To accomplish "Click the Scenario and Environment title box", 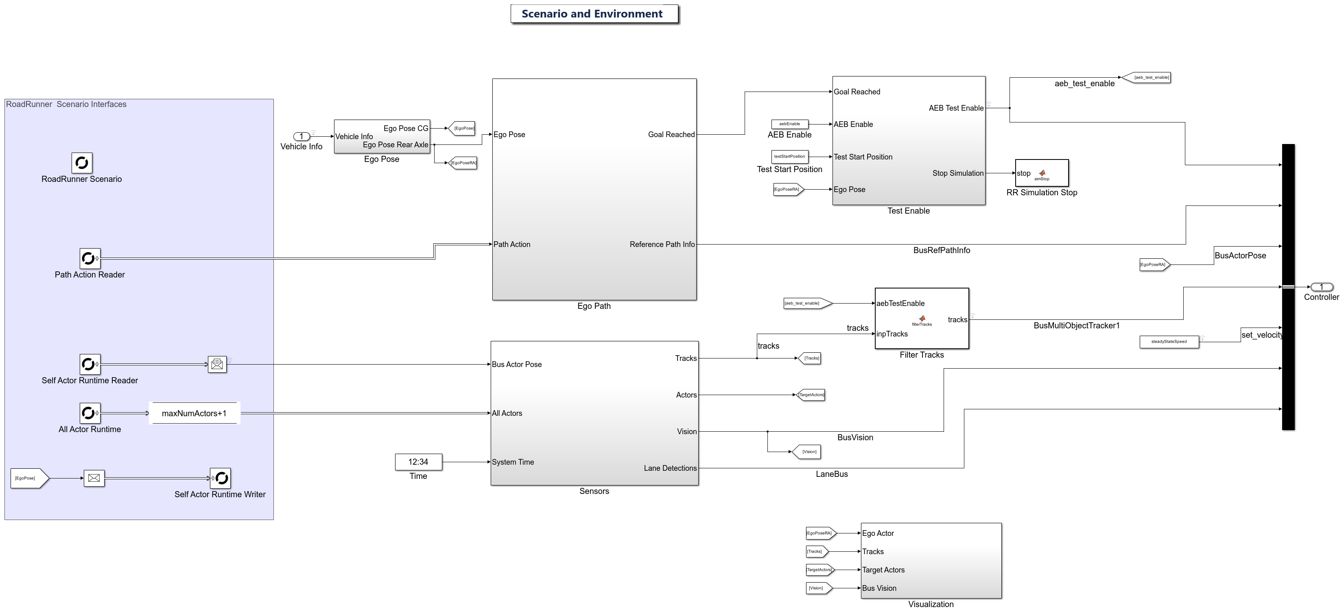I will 594,14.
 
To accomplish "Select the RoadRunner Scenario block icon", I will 82,163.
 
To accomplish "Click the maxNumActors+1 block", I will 194,413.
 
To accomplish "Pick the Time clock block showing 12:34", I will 418,462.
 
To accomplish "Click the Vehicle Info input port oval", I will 301,137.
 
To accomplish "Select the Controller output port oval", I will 1321,287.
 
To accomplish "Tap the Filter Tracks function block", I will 921,318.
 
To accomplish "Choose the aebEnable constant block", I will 789,124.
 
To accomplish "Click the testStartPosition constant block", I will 789,157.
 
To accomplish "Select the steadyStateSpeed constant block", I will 1169,342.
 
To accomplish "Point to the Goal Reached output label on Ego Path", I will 671,135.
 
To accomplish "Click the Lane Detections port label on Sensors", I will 670,468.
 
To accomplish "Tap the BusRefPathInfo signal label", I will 941,250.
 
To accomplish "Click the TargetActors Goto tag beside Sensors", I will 811,395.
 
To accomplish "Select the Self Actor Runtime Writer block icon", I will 220,478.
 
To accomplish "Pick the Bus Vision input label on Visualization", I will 879,588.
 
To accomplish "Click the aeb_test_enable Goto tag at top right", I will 1147,77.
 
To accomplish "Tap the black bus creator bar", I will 1288,287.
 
